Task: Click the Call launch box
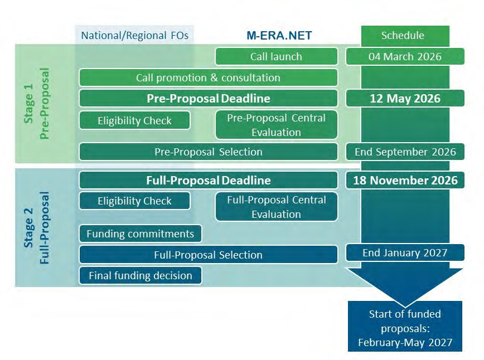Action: (x=276, y=56)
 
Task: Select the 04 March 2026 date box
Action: (x=405, y=56)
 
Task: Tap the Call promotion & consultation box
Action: (x=208, y=77)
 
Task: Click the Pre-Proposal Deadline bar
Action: (x=208, y=99)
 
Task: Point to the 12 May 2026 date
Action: (x=405, y=99)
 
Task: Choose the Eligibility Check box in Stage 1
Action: (x=134, y=120)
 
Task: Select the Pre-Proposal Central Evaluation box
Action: (x=276, y=125)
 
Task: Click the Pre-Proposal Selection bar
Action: (x=208, y=152)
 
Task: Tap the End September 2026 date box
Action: (x=405, y=152)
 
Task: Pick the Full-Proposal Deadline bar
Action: (x=208, y=180)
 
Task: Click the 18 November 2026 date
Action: (x=405, y=180)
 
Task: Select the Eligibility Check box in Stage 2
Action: (x=134, y=201)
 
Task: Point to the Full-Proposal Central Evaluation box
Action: (x=276, y=206)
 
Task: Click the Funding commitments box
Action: (x=140, y=233)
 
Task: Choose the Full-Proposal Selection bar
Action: (x=208, y=255)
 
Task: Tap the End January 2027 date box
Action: (x=405, y=252)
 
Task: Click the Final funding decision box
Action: (x=140, y=275)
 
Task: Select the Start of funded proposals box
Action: (x=405, y=326)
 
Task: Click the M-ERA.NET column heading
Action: (x=279, y=36)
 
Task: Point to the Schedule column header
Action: (x=403, y=36)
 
